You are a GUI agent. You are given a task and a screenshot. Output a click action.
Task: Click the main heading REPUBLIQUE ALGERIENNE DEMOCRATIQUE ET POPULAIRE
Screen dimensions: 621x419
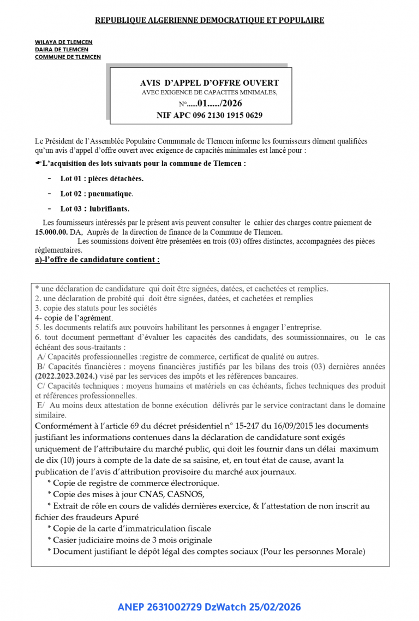[209, 20]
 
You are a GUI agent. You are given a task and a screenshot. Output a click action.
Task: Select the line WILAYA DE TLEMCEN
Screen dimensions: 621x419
[64, 42]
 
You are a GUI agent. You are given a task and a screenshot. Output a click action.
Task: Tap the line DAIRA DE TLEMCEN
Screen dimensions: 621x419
[62, 50]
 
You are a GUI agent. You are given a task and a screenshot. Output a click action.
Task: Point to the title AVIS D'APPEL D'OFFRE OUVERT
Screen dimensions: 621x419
[209, 83]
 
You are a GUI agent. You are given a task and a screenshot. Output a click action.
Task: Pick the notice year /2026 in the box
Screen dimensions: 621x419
[231, 104]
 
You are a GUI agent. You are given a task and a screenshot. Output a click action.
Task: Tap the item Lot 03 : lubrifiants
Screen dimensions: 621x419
[95, 208]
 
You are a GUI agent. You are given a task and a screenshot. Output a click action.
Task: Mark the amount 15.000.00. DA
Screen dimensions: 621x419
[59, 232]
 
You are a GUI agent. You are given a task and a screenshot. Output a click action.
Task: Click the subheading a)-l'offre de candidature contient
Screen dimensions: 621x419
[97, 260]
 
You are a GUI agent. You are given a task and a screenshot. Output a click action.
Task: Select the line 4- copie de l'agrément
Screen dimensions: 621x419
[74, 318]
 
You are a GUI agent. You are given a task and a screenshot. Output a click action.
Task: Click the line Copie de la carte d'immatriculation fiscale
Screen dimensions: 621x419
[129, 528]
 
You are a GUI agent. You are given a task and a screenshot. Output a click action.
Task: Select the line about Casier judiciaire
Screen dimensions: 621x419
[130, 540]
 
